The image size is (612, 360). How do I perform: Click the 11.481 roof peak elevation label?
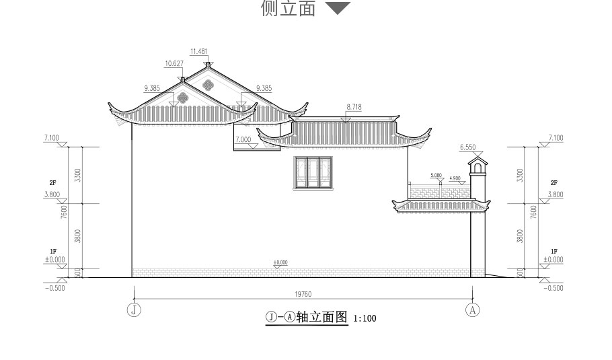coord(200,51)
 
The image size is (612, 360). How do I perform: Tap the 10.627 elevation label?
coord(174,64)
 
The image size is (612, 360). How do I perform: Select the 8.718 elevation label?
coord(354,107)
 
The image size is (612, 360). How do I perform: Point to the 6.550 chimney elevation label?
coord(468,147)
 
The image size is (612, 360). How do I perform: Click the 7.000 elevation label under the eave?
coord(243,139)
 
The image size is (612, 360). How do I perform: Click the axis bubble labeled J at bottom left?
coord(135,310)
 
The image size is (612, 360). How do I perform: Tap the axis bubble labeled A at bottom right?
coord(473,310)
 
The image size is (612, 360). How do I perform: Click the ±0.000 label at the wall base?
coord(280,262)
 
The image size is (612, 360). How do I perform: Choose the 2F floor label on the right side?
coord(554,183)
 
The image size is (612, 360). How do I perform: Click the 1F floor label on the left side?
coord(53,251)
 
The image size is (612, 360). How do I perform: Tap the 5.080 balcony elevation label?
coord(436,176)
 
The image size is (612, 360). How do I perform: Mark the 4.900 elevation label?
coord(455,178)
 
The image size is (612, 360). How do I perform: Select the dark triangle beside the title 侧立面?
coord(338,9)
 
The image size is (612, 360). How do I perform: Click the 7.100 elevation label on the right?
coord(555,138)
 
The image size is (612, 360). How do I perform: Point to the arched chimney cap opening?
coord(477,168)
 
